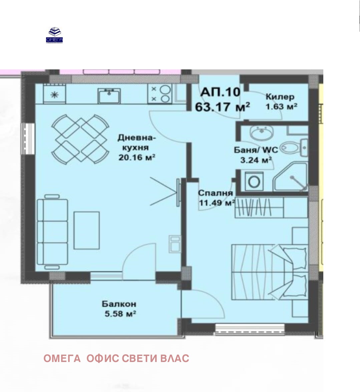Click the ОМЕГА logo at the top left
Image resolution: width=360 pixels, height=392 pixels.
tap(54, 35)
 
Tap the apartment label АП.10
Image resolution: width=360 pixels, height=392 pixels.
tap(220, 92)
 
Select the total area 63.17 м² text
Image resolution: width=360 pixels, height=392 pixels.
tap(222, 107)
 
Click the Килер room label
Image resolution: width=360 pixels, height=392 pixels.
tap(280, 96)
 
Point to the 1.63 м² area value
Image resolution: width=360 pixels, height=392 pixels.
tap(281, 106)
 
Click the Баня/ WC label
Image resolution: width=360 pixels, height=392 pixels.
tap(256, 150)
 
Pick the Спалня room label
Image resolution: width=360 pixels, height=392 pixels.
tap(216, 193)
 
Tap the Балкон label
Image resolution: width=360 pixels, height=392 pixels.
tap(119, 304)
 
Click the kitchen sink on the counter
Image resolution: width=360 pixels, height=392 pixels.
tap(109, 95)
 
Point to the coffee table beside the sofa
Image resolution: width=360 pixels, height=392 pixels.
tap(86, 230)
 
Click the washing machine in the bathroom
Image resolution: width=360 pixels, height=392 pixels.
tap(254, 181)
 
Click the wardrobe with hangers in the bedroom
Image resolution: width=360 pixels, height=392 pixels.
tap(271, 207)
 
